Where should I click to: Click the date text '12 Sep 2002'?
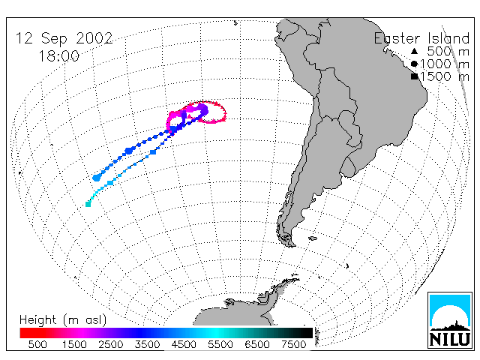pos(64,38)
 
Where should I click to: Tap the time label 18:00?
pos(58,56)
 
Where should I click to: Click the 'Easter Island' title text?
pos(421,38)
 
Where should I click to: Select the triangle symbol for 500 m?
pos(414,51)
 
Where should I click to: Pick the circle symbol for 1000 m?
pos(414,64)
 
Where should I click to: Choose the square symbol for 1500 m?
pos(414,76)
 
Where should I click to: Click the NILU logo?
pos(450,320)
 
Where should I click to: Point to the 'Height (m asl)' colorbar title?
pos(63,320)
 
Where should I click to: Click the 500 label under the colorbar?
pos(37,344)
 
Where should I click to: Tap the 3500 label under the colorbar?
pos(147,344)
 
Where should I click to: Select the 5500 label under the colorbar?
pos(220,344)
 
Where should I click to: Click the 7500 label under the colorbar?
pos(293,344)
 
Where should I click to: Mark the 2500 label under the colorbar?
pos(110,344)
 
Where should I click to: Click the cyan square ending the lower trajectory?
pos(88,204)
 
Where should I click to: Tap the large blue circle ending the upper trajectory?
pos(97,178)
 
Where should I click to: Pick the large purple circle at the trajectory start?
pos(202,109)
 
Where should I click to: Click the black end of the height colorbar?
pos(307,333)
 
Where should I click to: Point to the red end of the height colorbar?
pos(25,333)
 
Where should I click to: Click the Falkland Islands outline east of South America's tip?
pos(313,238)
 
